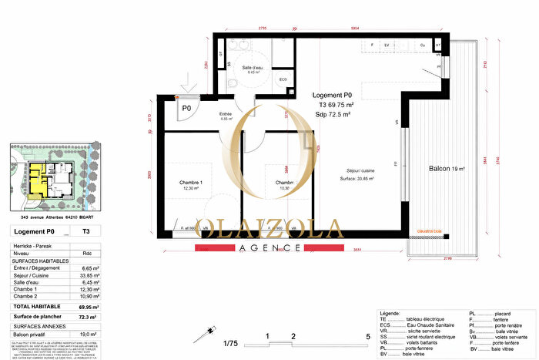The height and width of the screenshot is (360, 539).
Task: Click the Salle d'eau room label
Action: coord(253,69)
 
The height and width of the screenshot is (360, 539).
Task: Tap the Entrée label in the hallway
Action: coord(204,114)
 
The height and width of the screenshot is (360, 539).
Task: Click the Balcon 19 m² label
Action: coord(447,169)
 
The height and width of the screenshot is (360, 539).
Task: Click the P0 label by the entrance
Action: coord(186,109)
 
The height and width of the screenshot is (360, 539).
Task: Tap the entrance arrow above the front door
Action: coord(185,79)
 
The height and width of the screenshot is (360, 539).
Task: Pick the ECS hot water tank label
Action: coord(283,79)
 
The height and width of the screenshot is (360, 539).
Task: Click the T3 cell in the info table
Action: coord(85,231)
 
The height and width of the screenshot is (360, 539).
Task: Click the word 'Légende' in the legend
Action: coord(390,315)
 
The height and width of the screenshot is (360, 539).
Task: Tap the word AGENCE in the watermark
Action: coord(269,248)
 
